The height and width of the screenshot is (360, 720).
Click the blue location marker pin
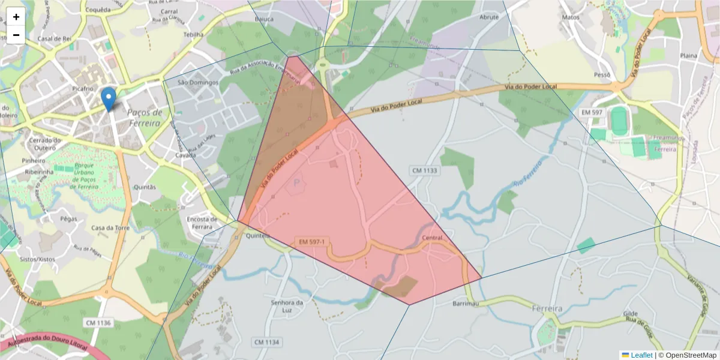109,98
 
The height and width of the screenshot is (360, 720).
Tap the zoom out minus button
16,35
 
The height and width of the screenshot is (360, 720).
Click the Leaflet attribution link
641,355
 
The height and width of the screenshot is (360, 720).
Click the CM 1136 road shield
98,323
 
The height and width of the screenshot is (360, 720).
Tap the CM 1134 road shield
267,342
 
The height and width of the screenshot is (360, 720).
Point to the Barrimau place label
465,304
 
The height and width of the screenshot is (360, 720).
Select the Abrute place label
489,17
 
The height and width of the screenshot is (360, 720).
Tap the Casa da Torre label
110,228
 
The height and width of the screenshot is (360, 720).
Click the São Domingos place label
197,82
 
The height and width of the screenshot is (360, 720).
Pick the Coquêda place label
98,10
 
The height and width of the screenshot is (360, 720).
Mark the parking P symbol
296,182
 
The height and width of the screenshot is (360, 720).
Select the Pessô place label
601,75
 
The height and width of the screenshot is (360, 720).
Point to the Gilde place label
631,314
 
